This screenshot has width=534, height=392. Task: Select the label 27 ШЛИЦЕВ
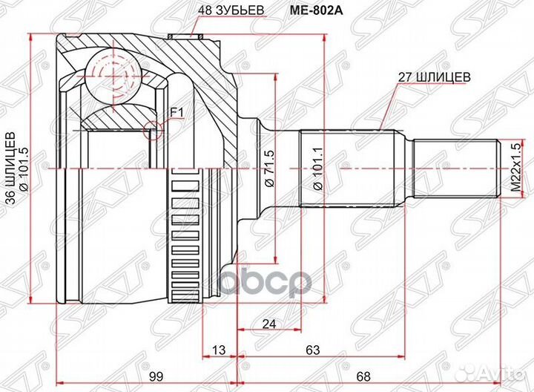434,75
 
